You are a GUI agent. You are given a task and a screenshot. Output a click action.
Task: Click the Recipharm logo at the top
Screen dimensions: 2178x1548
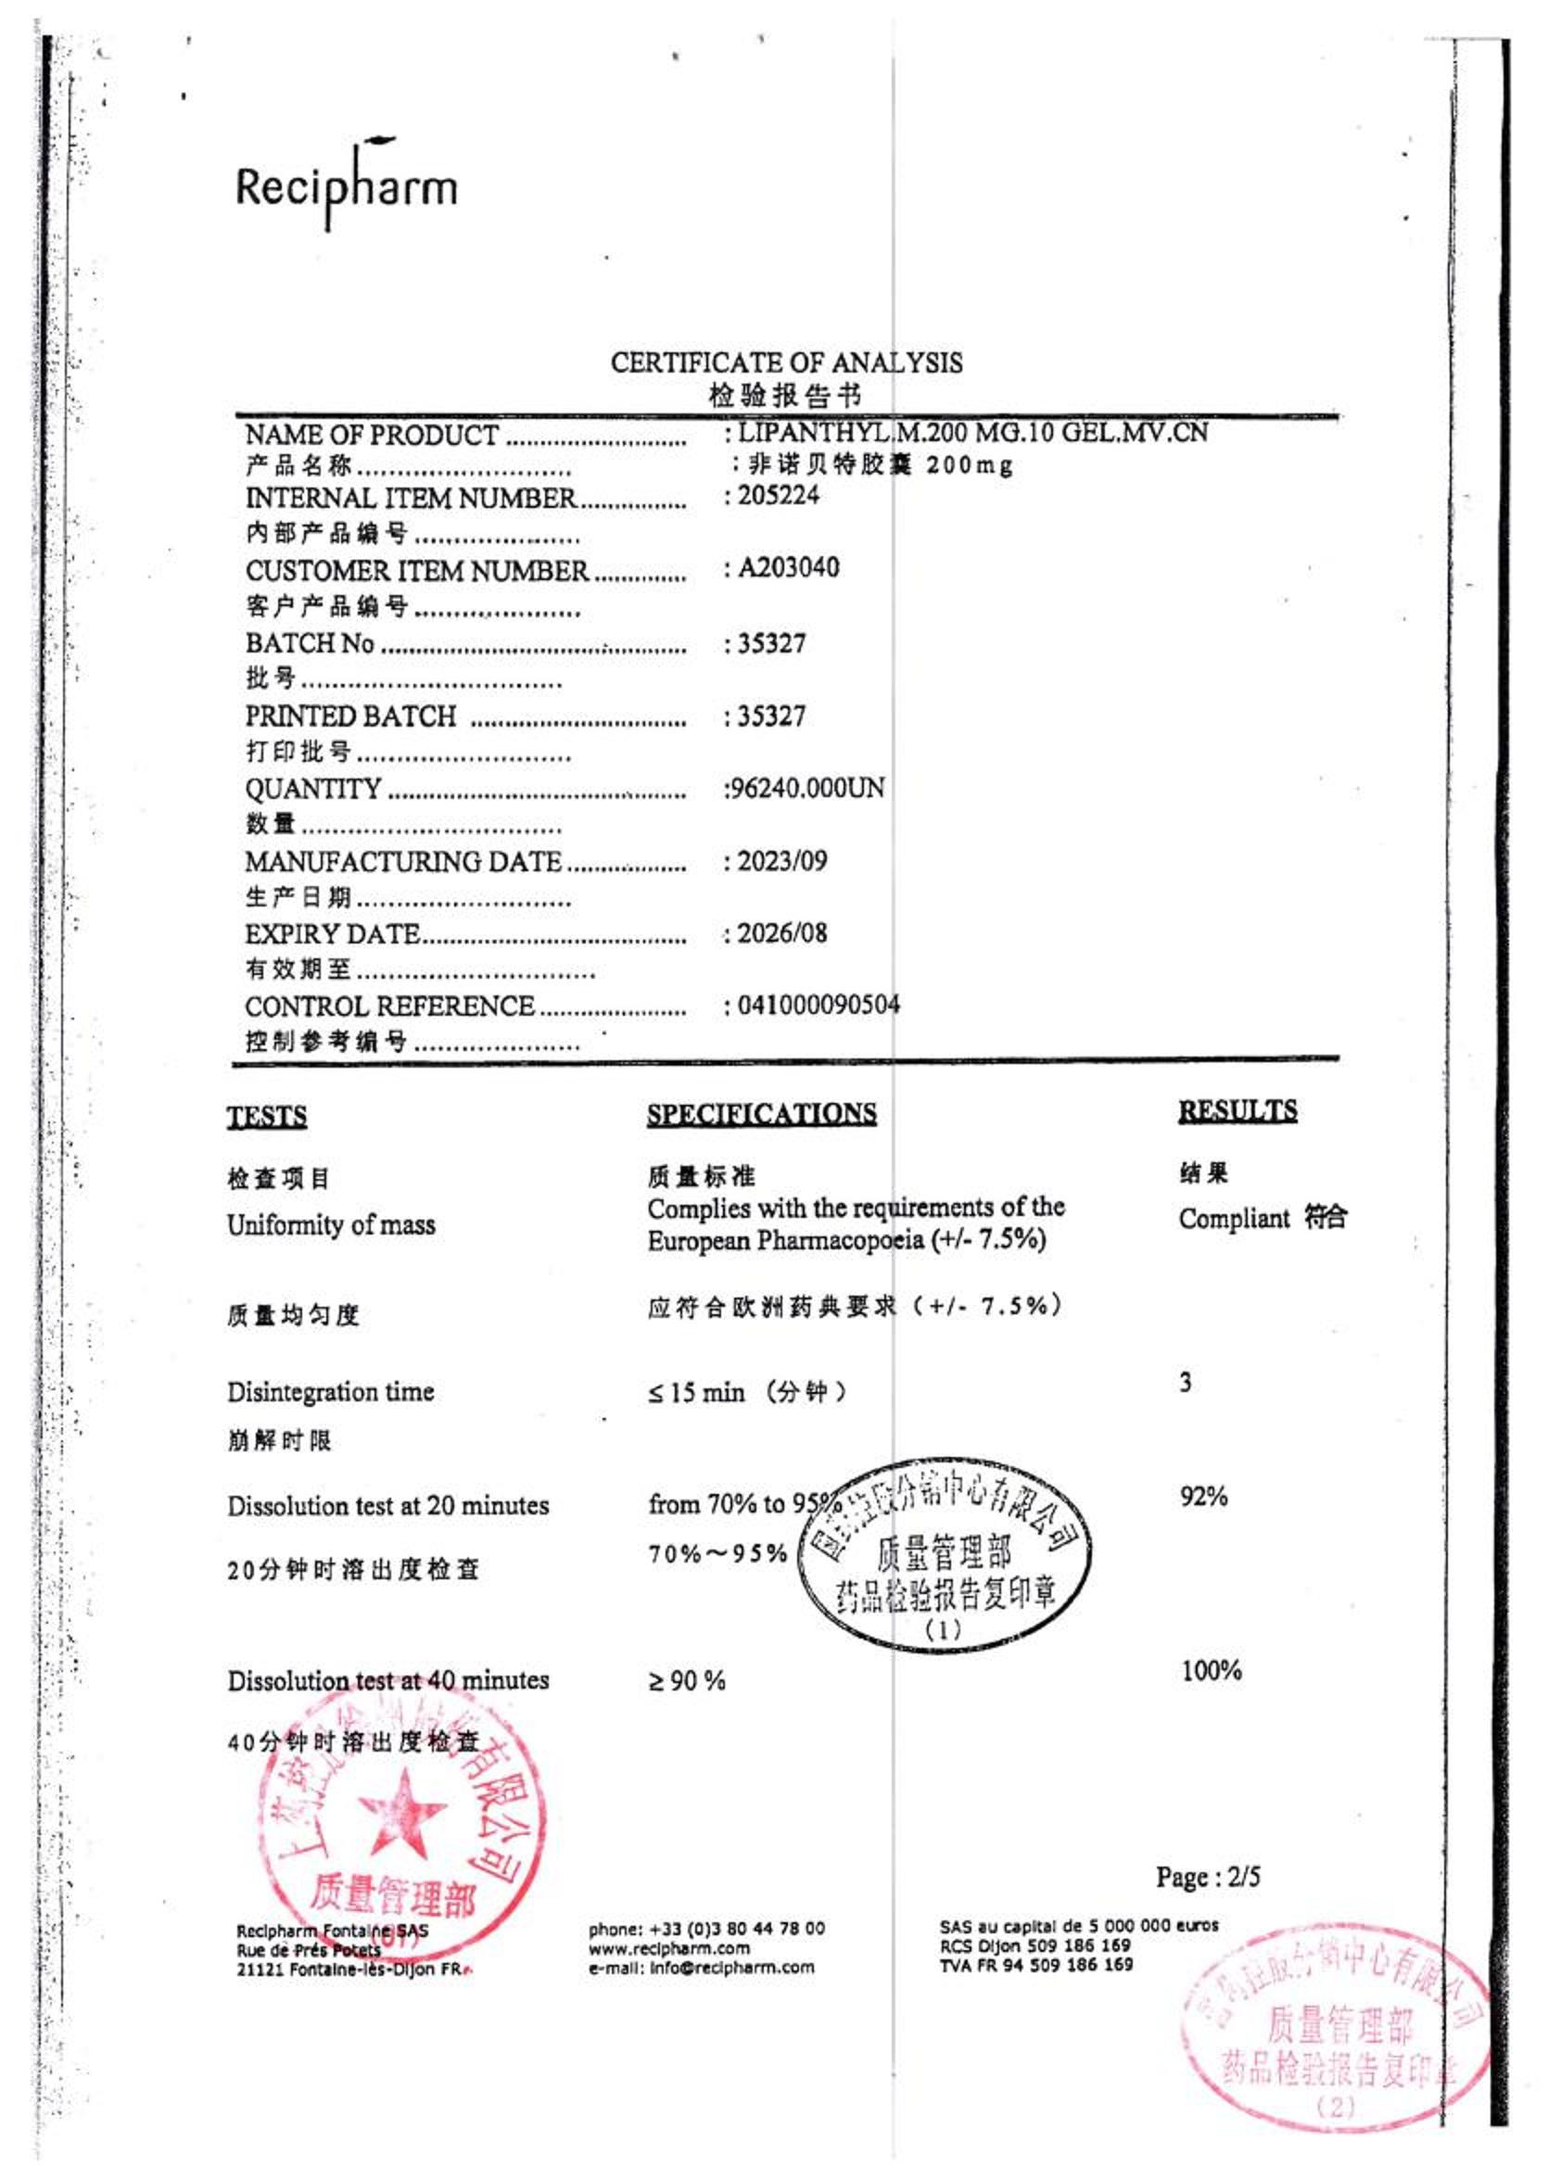point(347,185)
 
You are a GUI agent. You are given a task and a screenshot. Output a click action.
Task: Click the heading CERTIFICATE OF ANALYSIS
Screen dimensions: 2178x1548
point(786,362)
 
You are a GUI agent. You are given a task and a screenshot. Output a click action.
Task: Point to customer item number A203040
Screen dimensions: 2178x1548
point(788,568)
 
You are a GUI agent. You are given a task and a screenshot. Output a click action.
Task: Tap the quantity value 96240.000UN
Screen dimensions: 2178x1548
point(806,789)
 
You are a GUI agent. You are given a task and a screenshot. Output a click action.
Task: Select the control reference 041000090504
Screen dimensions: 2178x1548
point(818,1005)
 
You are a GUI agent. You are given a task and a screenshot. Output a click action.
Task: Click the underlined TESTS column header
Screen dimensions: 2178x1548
point(267,1116)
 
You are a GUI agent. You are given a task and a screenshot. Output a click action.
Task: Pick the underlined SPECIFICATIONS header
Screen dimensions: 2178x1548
point(762,1113)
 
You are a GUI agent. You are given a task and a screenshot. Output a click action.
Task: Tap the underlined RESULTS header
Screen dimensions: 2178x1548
point(1237,1110)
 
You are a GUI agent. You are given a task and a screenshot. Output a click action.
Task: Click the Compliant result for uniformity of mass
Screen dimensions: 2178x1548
point(1235,1218)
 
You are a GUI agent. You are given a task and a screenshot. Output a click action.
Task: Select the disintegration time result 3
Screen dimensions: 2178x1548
point(1185,1382)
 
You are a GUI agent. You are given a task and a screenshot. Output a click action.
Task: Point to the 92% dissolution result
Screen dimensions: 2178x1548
point(1203,1497)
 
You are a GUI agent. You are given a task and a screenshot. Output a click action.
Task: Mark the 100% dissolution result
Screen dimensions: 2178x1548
point(1211,1670)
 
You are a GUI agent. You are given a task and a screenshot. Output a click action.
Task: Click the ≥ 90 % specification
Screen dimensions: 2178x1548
point(686,1680)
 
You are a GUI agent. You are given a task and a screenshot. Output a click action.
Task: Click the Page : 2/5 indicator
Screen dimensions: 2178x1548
point(1208,1877)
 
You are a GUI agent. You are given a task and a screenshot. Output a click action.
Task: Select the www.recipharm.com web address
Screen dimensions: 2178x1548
point(668,1948)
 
